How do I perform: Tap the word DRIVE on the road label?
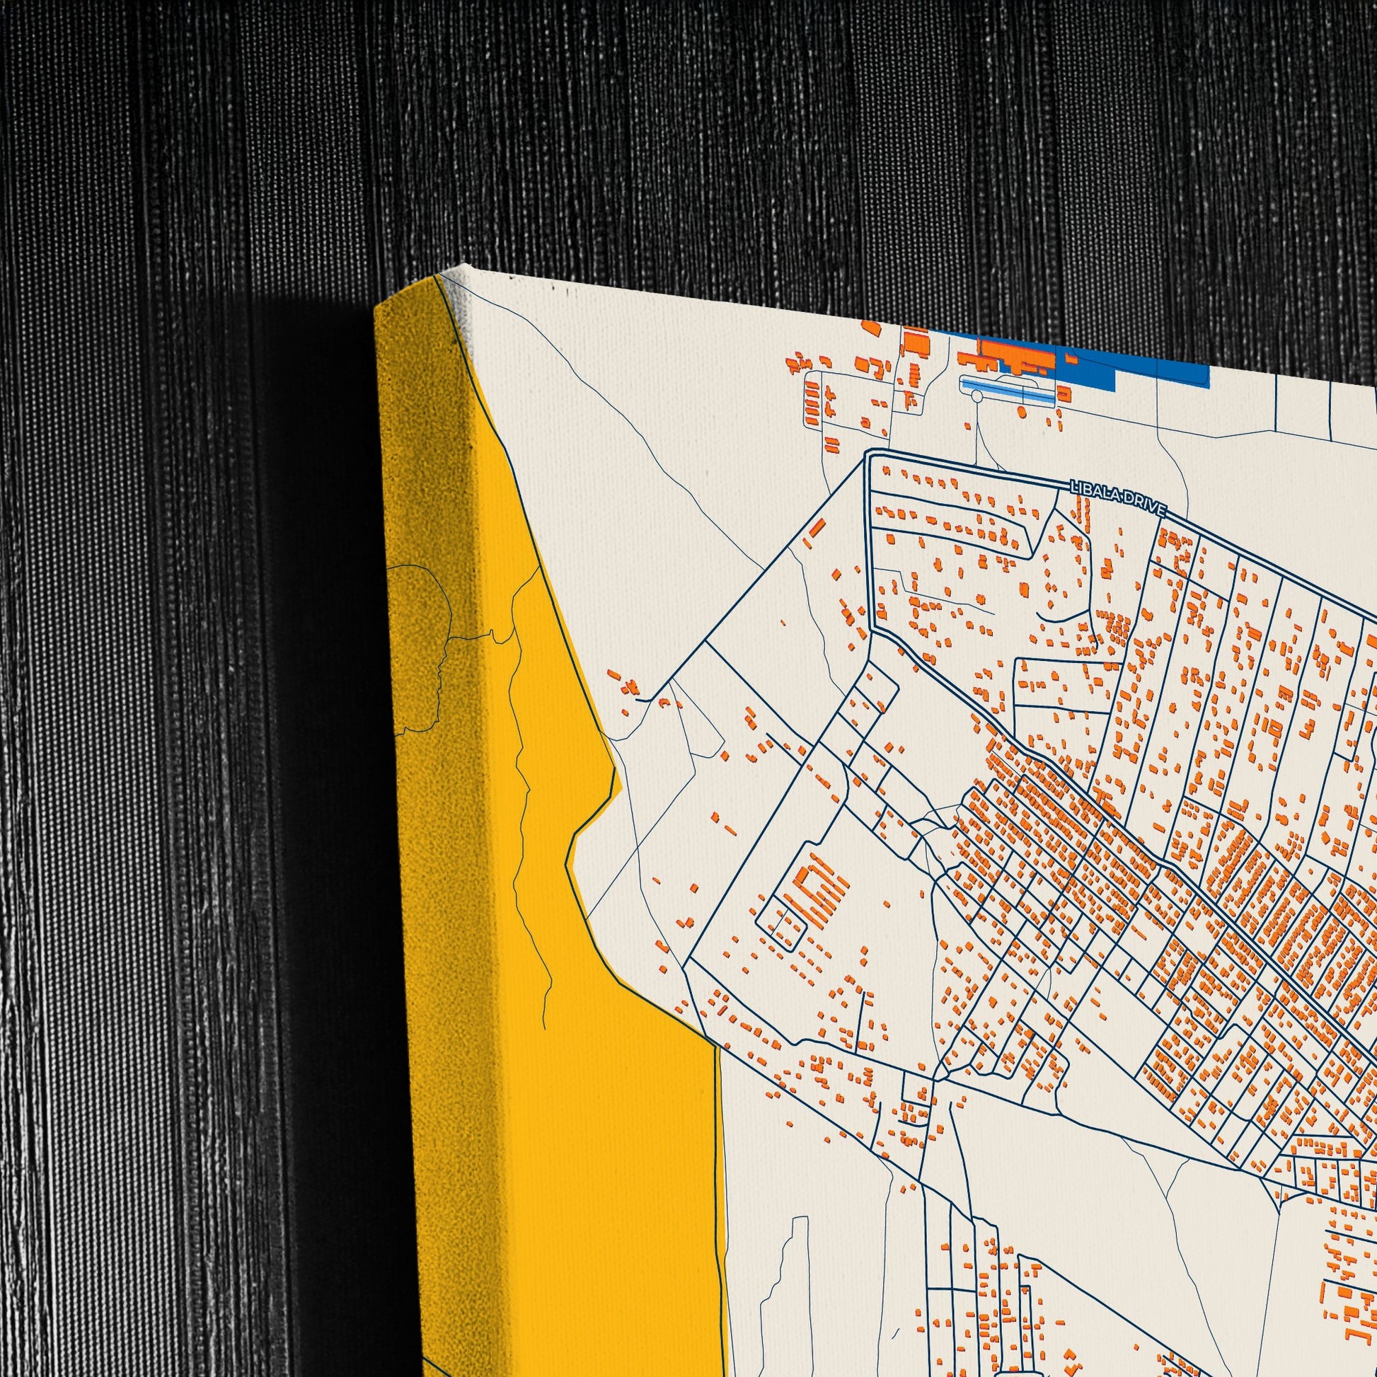(1146, 505)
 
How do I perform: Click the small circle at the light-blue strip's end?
(977, 394)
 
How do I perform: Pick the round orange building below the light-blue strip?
(1021, 412)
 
